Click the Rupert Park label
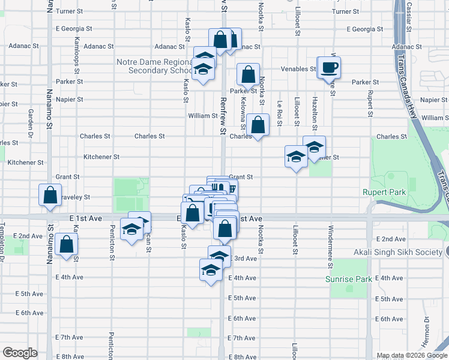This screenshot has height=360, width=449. (384, 192)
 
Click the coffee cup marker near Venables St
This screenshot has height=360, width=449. (328, 67)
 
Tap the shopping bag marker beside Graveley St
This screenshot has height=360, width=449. (50, 195)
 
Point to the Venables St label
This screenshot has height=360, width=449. (301, 69)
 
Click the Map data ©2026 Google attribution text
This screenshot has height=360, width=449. (411, 355)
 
